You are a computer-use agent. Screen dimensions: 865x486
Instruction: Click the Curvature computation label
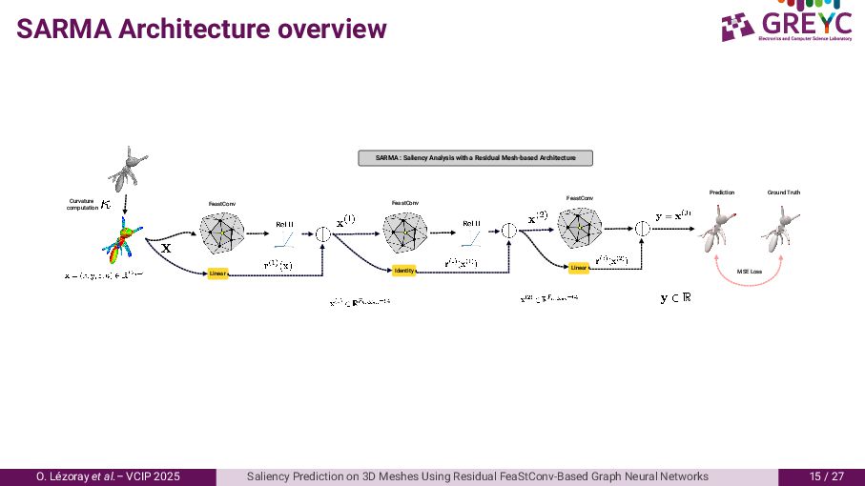coord(82,204)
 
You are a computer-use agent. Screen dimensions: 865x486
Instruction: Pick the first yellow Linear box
coord(218,274)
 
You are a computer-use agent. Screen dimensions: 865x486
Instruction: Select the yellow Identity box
coord(404,271)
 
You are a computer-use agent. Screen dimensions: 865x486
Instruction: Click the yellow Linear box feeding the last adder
coord(579,268)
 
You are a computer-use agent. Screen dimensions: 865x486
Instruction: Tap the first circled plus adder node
coord(322,232)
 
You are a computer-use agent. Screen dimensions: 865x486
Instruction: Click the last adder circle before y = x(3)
coord(642,228)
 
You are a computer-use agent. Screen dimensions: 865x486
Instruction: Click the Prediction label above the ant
coord(722,192)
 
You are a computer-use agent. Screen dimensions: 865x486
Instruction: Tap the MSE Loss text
coord(750,272)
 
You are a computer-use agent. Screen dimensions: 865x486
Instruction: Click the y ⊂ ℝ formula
coord(675,298)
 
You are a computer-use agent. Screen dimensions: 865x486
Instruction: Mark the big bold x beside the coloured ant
coord(165,248)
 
